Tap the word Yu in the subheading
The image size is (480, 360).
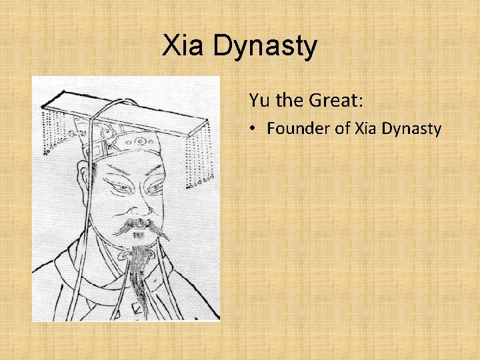pyautogui.click(x=258, y=101)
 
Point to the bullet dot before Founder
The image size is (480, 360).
pyautogui.click(x=255, y=129)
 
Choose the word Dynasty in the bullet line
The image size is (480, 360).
pyautogui.click(x=411, y=129)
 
